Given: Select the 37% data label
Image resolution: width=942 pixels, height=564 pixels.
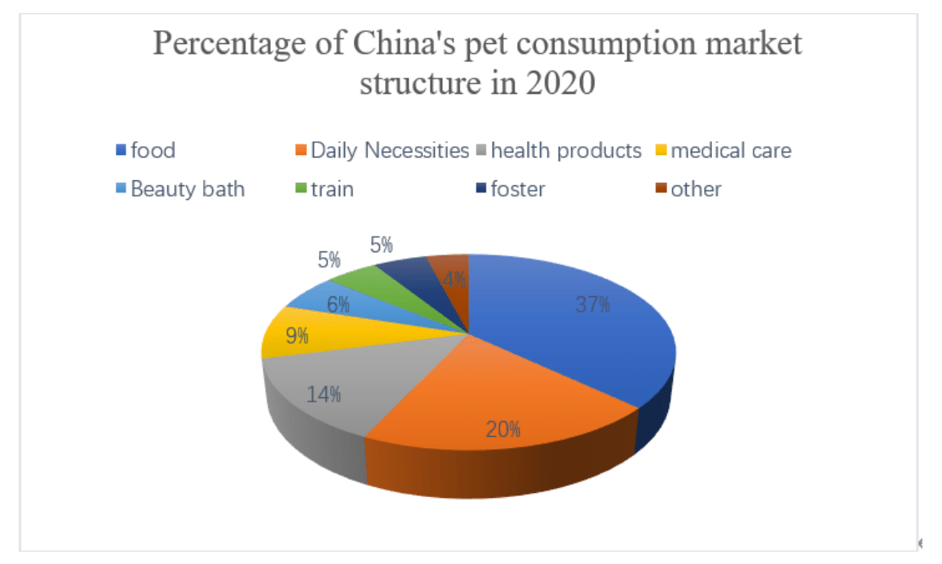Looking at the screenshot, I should pyautogui.click(x=592, y=305).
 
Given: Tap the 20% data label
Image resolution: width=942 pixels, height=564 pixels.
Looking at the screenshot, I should pyautogui.click(x=504, y=429).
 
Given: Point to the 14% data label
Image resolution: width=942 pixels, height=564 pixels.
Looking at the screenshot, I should pyautogui.click(x=324, y=394).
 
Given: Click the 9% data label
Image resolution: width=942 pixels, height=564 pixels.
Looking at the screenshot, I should pyautogui.click(x=296, y=335).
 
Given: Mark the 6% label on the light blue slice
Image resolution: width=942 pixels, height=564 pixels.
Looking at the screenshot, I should pyautogui.click(x=338, y=304).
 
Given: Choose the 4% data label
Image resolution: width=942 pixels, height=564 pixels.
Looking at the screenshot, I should pyautogui.click(x=454, y=280).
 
